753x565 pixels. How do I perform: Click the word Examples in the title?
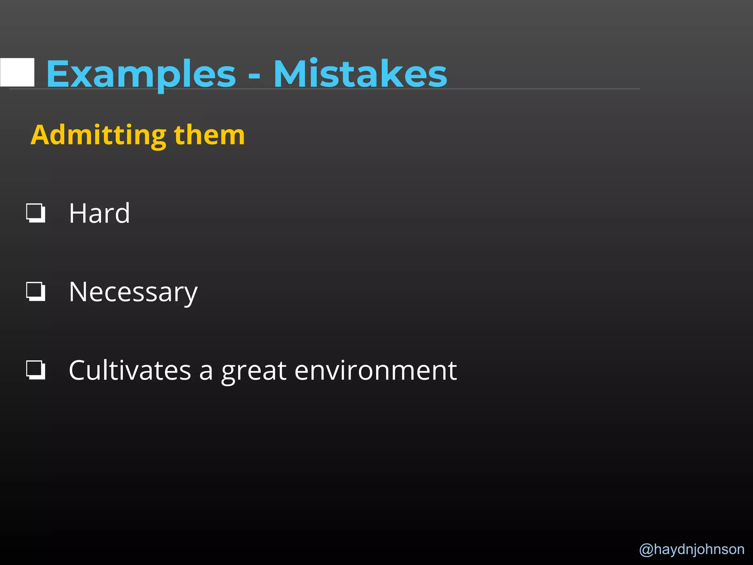(x=141, y=74)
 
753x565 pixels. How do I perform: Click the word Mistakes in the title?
(x=360, y=74)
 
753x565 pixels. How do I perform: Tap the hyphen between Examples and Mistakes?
(x=254, y=77)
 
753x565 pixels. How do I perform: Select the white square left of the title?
(x=18, y=72)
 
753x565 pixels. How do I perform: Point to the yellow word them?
(x=209, y=135)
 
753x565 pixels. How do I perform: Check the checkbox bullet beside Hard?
(x=36, y=213)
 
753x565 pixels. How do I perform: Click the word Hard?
(x=99, y=213)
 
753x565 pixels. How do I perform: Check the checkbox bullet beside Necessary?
(x=36, y=292)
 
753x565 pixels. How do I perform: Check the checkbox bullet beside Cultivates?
(x=36, y=370)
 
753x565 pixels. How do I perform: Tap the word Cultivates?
(x=130, y=370)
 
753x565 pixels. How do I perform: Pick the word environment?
(x=375, y=370)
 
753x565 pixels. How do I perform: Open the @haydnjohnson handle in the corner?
(x=692, y=549)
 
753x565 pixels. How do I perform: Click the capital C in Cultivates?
(x=79, y=370)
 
